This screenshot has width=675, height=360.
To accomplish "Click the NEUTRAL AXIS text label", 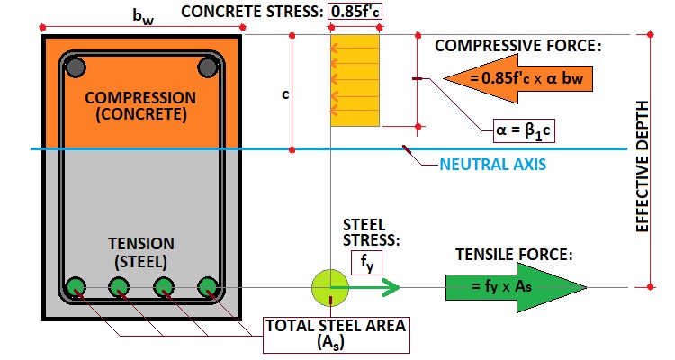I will pyautogui.click(x=492, y=166).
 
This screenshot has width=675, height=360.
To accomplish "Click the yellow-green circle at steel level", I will pyautogui.click(x=330, y=287).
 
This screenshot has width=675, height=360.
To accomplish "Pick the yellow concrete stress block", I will pyautogui.click(x=355, y=80).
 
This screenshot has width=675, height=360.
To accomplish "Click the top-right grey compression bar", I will pyautogui.click(x=209, y=67).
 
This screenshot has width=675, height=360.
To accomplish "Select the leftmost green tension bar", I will pyautogui.click(x=76, y=287).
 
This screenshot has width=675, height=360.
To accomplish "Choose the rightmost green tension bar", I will pyautogui.click(x=209, y=287).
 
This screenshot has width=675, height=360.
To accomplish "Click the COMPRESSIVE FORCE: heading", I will pyautogui.click(x=517, y=46).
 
